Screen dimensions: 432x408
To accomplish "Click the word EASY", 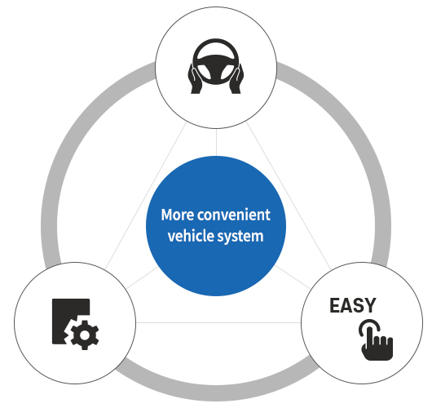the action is [353, 305].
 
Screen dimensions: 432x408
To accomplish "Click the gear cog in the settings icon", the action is [84, 335].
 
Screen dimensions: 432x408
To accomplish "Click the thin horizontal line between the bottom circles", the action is [218, 322].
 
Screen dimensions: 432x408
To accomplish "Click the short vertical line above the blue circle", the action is [216, 142].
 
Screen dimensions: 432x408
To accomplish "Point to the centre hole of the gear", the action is [85, 335].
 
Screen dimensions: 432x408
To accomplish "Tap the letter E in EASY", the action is [335, 305].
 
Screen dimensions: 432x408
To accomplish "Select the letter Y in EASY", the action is [371, 305].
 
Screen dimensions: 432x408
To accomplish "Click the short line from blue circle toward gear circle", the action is [143, 277].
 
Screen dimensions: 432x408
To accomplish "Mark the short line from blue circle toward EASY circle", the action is [293, 277].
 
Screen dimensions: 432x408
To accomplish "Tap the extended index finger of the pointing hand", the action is [370, 335].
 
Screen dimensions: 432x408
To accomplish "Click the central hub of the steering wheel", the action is [216, 68].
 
